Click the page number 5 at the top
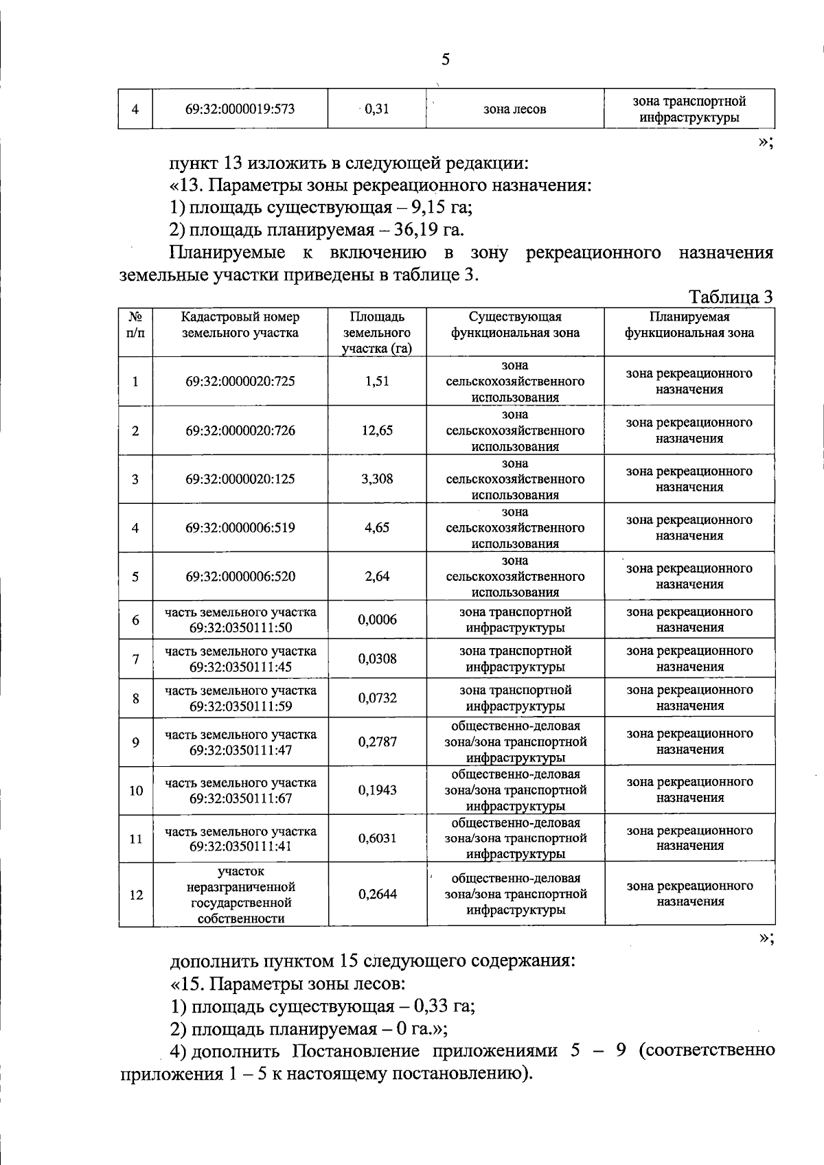tap(446, 60)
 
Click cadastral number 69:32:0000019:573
tap(240, 109)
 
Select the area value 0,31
tap(377, 109)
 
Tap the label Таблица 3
tap(731, 297)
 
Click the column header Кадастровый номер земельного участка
tap(240, 325)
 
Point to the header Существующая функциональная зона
tap(515, 325)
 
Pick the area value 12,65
tap(377, 431)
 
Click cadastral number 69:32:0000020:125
tap(240, 479)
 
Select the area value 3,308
tap(377, 479)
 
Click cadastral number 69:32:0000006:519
tap(240, 528)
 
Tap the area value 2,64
tap(377, 577)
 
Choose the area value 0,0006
tap(377, 620)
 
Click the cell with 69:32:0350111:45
tap(240, 659)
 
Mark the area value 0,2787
tap(377, 742)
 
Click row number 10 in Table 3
tap(136, 791)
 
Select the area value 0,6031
tap(377, 839)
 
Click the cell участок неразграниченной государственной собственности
tap(240, 895)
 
